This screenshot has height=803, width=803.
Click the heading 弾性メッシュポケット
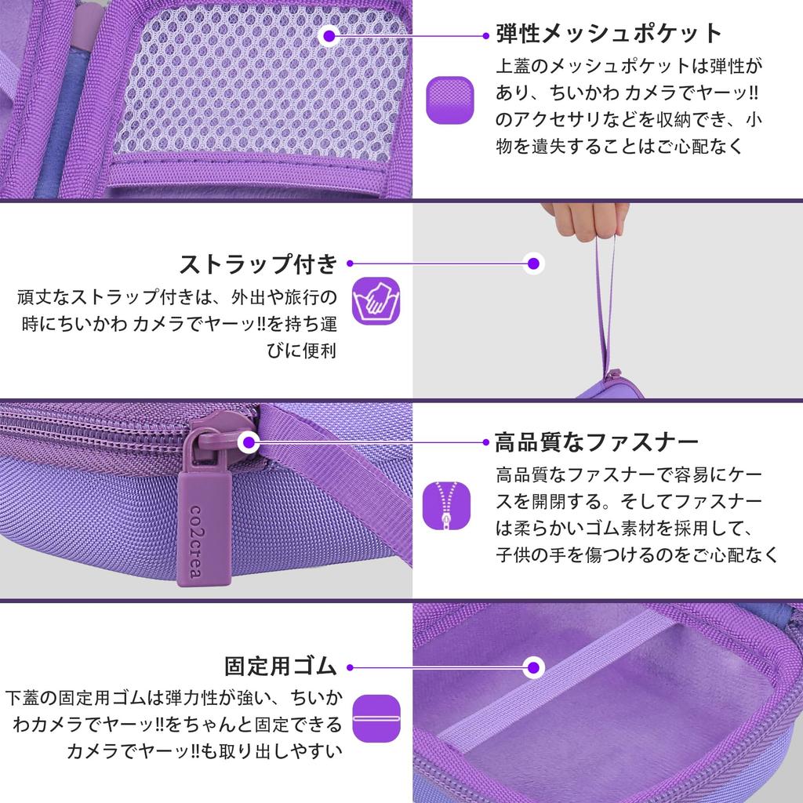608,34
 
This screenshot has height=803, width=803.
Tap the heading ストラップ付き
258,263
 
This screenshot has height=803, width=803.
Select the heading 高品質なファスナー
596,442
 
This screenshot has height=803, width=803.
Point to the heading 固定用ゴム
280,667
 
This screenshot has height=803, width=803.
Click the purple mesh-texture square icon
450,100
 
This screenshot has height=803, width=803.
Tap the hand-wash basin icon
376,300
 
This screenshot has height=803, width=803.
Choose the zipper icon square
447,504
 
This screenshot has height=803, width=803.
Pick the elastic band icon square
376,718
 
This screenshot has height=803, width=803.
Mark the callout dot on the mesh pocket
330,35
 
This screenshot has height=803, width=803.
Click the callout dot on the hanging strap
534,263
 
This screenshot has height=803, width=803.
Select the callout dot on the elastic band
535,667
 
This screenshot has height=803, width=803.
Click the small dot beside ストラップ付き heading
350,263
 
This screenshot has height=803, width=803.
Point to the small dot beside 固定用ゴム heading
350,667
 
